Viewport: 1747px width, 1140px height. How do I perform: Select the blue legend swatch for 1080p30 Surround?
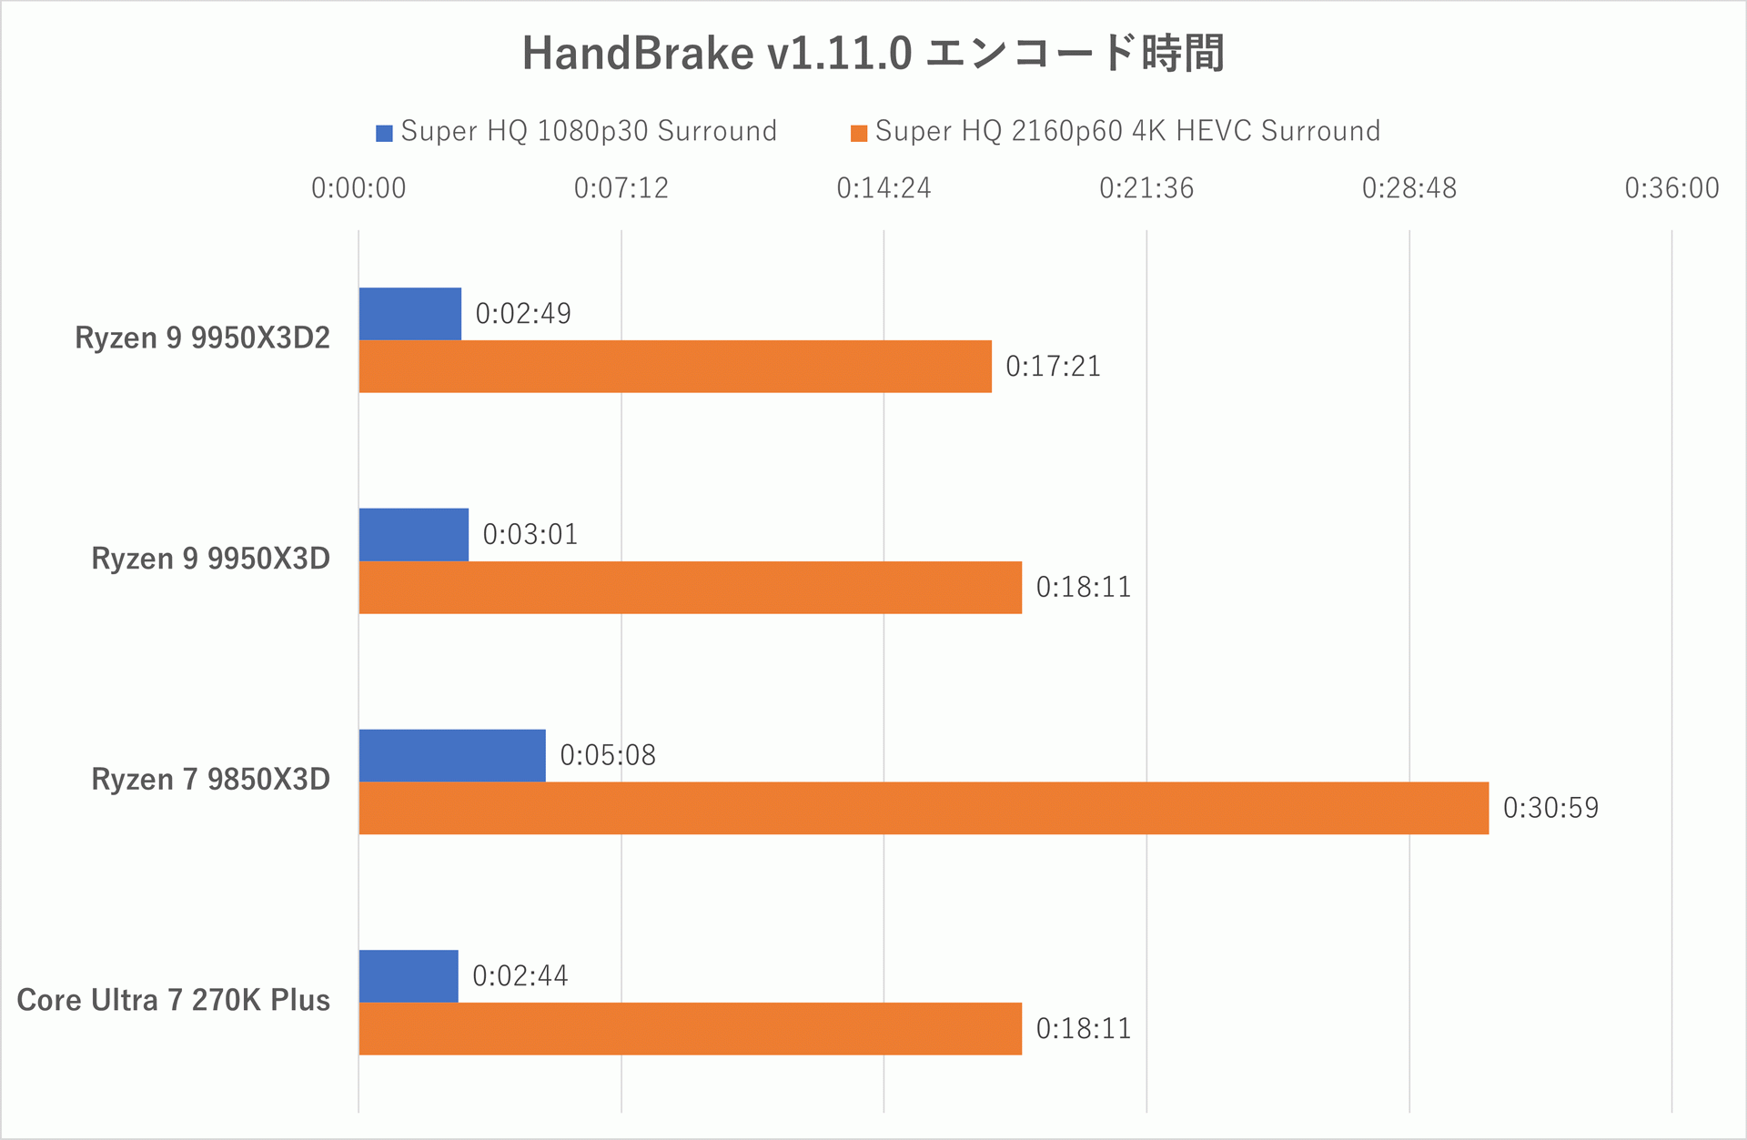click(384, 133)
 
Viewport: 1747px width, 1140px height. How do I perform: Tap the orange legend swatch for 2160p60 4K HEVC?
click(858, 133)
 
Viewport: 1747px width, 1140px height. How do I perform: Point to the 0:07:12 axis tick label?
click(621, 188)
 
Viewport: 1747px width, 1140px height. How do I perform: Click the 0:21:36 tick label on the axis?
click(1146, 188)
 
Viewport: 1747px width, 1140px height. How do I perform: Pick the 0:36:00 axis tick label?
click(1671, 188)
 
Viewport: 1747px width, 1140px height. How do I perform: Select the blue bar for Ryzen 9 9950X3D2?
click(410, 314)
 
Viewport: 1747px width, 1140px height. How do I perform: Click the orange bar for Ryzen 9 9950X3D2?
click(675, 367)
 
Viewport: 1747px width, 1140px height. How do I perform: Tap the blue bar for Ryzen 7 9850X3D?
click(452, 755)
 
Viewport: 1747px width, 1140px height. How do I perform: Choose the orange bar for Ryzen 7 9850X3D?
click(924, 808)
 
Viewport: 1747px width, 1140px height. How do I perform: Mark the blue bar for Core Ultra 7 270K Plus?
click(409, 976)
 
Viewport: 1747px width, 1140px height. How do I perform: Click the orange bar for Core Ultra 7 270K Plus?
click(690, 1029)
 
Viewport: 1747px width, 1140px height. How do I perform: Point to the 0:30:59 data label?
click(1550, 808)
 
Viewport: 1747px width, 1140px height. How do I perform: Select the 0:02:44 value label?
click(520, 976)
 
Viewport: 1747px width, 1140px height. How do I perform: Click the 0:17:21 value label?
click(1053, 367)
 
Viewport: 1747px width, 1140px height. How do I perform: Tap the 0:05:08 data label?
click(608, 755)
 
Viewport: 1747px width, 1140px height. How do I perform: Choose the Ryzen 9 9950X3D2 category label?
click(202, 338)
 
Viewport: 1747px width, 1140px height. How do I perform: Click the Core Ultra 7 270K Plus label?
click(174, 1001)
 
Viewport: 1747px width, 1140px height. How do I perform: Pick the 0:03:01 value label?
click(530, 534)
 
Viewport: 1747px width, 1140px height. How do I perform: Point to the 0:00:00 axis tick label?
click(358, 188)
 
